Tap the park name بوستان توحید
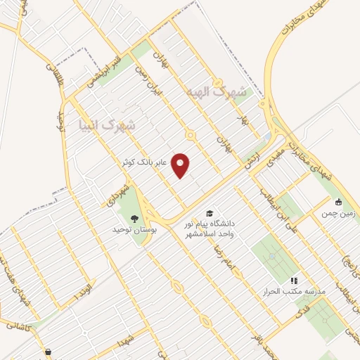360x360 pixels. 135,229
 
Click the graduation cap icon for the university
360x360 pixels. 210,213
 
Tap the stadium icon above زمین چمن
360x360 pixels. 339,202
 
